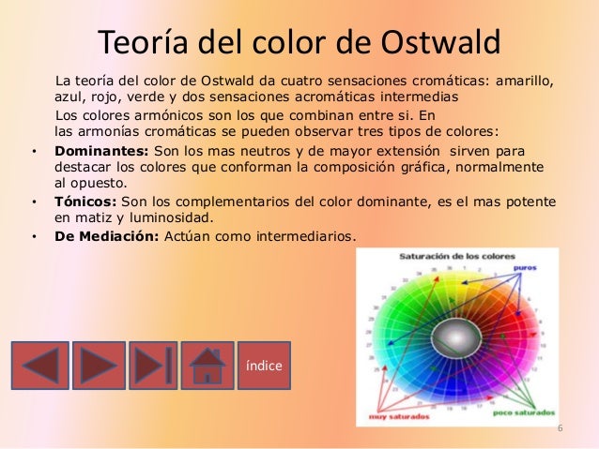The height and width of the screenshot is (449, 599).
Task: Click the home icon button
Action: coord(207,365)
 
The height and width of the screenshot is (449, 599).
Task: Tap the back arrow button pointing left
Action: coord(39,365)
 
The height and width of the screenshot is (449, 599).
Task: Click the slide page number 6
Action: coord(560,429)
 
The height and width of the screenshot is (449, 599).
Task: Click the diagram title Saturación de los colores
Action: coord(448,255)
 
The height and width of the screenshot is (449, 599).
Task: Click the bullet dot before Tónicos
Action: coord(34,202)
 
